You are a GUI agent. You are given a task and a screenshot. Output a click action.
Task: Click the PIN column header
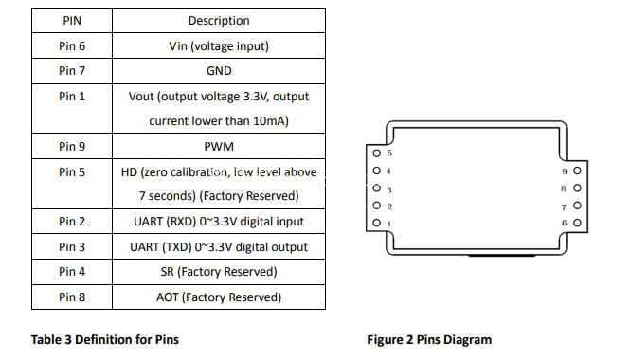tap(72, 21)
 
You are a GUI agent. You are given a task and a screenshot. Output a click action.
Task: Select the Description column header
tap(219, 21)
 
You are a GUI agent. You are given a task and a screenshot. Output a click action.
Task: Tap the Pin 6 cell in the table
tap(72, 45)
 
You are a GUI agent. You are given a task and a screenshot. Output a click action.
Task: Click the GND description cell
tap(219, 71)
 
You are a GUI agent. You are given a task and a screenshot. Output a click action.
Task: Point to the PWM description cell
tap(219, 146)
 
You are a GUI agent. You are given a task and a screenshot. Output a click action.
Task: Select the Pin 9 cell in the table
tap(72, 146)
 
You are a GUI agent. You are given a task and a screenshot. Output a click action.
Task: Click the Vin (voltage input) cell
tap(219, 45)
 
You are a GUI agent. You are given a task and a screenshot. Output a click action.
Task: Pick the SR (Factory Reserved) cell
tap(219, 272)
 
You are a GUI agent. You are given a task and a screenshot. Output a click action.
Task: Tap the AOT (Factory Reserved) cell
tap(219, 297)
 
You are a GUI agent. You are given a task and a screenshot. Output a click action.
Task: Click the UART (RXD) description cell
tap(219, 222)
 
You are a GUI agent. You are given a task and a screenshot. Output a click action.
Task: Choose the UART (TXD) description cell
tap(219, 246)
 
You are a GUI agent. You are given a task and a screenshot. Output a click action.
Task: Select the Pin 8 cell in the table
tap(72, 297)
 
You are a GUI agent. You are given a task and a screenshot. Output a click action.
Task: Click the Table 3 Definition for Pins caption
tap(105, 339)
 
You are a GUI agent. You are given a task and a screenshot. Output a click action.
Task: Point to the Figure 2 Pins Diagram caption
tap(429, 340)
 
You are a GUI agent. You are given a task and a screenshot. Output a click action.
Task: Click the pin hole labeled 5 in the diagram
tap(377, 153)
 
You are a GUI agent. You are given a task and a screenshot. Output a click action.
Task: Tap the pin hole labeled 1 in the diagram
tap(377, 223)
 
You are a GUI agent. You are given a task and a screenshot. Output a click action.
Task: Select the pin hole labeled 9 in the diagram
tap(577, 171)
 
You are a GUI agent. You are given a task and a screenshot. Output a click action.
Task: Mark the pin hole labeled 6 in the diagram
tap(577, 223)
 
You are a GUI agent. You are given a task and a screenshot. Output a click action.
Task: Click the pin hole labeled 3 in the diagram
tap(377, 188)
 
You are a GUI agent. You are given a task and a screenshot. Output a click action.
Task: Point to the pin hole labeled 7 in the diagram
tap(577, 206)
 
